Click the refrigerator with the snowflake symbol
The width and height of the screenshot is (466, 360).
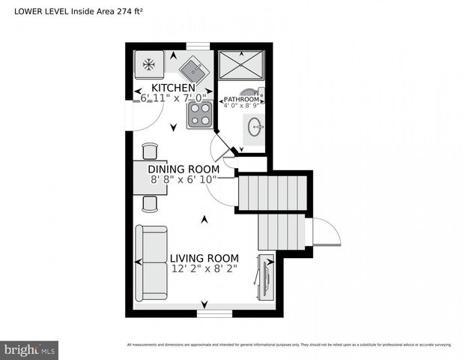[149, 65]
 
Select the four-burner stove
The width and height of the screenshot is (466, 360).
[200, 114]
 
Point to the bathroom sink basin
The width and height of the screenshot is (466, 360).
[255, 125]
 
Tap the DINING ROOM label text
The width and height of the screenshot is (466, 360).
[183, 169]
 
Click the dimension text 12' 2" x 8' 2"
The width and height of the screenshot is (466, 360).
[205, 268]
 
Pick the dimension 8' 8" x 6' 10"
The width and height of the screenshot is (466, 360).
[183, 179]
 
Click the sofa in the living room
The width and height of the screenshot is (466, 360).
[151, 262]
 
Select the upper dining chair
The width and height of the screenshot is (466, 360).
[150, 151]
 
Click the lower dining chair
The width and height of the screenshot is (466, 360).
[150, 203]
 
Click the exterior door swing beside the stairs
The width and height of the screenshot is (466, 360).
[325, 233]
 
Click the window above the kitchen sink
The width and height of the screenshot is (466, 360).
[198, 46]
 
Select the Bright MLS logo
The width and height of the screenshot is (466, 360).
[29, 349]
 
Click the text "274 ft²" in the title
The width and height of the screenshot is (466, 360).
[130, 11]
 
